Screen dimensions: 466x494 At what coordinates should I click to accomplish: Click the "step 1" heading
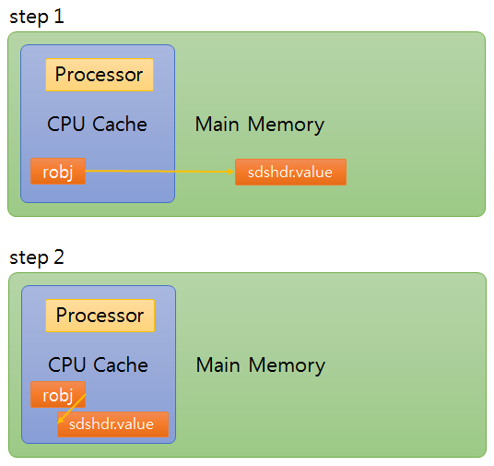coord(37,17)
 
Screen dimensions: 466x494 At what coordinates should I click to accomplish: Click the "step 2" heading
coord(37,257)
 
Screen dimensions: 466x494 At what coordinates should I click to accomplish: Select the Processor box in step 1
coord(100,75)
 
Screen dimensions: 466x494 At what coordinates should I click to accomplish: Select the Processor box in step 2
coord(100,316)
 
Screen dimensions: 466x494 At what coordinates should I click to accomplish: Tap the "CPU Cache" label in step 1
coord(97,124)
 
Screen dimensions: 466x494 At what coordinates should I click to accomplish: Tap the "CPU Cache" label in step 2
coord(98,364)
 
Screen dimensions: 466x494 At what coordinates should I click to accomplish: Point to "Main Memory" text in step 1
coord(259,124)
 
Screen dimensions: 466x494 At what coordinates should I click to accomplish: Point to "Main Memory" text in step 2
coord(260,365)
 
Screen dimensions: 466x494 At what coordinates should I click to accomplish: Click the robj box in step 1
coord(58,172)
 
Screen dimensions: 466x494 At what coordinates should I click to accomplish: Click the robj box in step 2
coord(58,394)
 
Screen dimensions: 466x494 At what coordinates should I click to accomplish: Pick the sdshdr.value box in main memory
coord(290,173)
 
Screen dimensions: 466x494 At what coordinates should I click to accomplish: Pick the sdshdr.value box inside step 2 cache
coord(112,424)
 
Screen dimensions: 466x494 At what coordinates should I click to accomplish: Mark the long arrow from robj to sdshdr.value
coord(157,172)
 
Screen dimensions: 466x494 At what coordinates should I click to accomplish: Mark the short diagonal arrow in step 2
coord(73,410)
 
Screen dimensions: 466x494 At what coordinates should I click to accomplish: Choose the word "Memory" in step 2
coord(286,365)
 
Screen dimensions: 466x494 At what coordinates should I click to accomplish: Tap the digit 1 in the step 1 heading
coord(59,17)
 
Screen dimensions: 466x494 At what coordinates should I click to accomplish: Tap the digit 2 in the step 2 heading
coord(59,257)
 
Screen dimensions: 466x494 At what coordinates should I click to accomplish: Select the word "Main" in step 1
coord(217,124)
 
